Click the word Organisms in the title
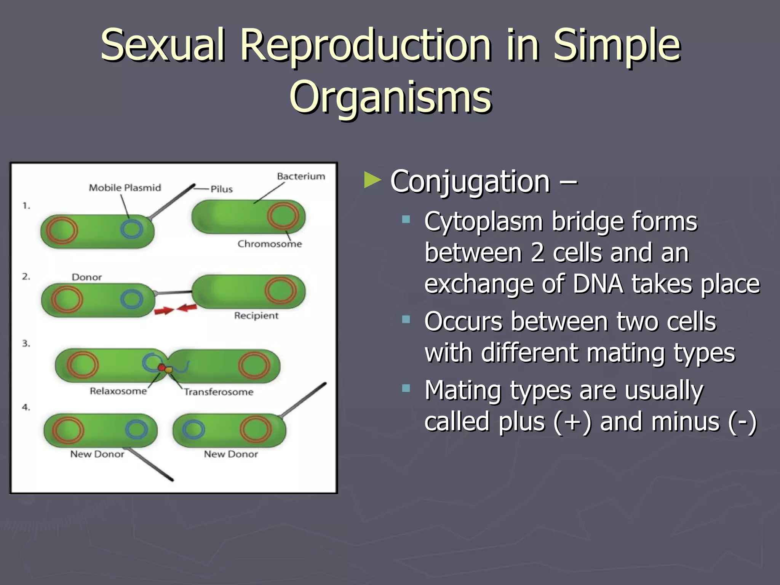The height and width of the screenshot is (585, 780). [x=390, y=97]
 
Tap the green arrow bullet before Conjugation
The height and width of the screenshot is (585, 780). [x=372, y=180]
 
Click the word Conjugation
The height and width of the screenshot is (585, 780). [x=470, y=182]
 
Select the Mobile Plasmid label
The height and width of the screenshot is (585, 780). [x=125, y=188]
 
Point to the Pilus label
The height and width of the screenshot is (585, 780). [x=222, y=189]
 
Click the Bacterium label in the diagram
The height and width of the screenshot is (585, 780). [x=301, y=176]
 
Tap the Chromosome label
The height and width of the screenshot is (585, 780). [x=269, y=244]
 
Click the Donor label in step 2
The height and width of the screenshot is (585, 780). [x=87, y=277]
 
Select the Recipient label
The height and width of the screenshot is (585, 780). [x=256, y=315]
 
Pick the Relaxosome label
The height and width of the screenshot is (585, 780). [x=118, y=391]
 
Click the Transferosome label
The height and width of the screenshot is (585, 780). [x=219, y=392]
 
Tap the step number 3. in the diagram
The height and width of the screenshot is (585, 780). [x=26, y=344]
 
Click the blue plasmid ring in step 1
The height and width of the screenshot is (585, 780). [x=131, y=229]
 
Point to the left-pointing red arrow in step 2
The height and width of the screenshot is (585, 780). [x=187, y=307]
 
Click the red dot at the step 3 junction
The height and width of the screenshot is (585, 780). [x=161, y=368]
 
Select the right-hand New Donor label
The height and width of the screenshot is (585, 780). [x=231, y=454]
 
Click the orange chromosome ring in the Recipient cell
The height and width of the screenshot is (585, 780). [x=281, y=291]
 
